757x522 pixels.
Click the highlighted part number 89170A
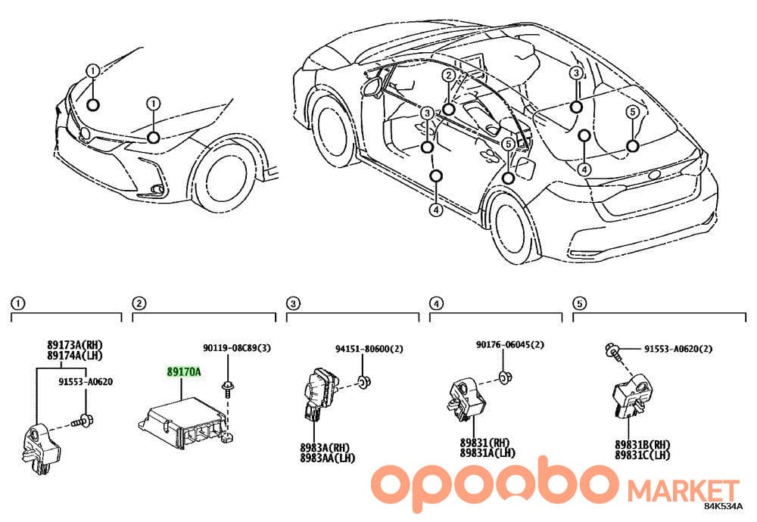[183, 372]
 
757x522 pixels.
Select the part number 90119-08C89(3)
[236, 348]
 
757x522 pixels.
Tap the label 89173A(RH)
[75, 345]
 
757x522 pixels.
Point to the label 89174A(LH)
[75, 356]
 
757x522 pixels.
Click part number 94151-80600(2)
[369, 348]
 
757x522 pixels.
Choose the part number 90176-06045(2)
[509, 344]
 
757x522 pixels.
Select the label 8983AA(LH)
[327, 458]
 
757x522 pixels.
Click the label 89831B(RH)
[643, 444]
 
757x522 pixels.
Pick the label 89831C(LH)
[643, 455]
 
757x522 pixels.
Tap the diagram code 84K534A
[723, 507]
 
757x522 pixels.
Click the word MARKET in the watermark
[683, 491]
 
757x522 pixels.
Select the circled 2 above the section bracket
[139, 303]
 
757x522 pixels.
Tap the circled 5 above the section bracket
[579, 303]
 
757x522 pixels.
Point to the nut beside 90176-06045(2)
[505, 377]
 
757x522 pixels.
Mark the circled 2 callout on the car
[449, 75]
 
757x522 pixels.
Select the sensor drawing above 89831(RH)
[465, 400]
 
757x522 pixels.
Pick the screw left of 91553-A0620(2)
[612, 350]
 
